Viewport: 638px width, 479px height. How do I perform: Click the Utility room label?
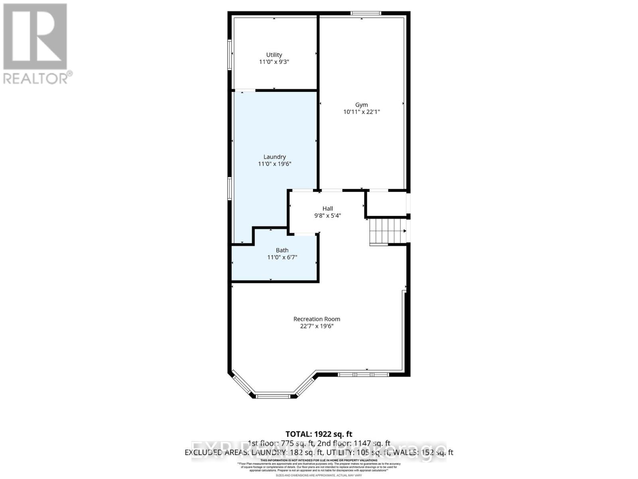(x=274, y=55)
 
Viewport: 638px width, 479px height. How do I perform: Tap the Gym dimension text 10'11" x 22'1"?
(x=361, y=112)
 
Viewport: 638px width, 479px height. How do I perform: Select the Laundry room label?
(x=274, y=157)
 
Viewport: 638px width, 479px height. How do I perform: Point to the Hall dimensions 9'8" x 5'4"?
(x=327, y=216)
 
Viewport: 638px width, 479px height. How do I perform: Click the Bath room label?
(x=282, y=250)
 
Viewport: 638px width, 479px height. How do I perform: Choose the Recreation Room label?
(x=317, y=319)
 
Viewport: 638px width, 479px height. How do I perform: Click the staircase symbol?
(x=386, y=232)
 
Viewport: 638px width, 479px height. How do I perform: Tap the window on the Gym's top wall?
(x=366, y=14)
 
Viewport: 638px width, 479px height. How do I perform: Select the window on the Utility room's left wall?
(x=230, y=55)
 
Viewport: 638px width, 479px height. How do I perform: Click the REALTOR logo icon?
(x=35, y=36)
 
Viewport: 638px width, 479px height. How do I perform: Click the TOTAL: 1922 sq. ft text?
(x=319, y=434)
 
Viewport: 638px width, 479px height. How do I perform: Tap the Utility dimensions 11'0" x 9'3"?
(x=274, y=62)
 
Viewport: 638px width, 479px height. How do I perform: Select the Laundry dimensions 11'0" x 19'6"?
(x=274, y=164)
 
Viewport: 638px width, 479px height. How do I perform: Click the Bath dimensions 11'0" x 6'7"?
(x=282, y=257)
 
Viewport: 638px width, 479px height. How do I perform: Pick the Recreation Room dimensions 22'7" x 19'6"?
(x=317, y=326)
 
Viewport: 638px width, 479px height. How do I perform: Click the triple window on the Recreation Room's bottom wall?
(x=363, y=374)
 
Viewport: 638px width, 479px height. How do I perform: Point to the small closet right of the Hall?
(x=386, y=204)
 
